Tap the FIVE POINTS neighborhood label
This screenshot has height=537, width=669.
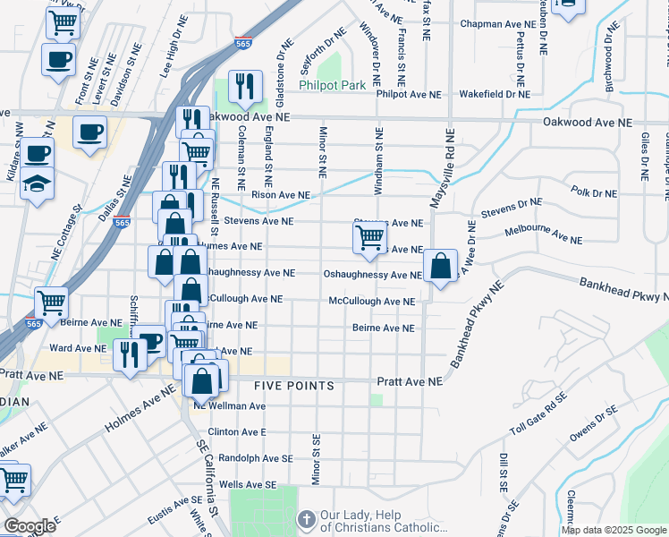pos(293,386)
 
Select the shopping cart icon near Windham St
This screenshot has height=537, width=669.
pos(369,237)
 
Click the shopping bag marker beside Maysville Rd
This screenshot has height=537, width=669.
pos(440,267)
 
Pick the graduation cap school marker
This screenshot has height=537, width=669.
pos(38,184)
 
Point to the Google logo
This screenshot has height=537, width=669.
pos(29,526)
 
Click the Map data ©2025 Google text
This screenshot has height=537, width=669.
pos(614,530)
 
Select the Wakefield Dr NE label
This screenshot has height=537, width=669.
pos(493,94)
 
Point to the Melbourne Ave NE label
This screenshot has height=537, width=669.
pos(543,235)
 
